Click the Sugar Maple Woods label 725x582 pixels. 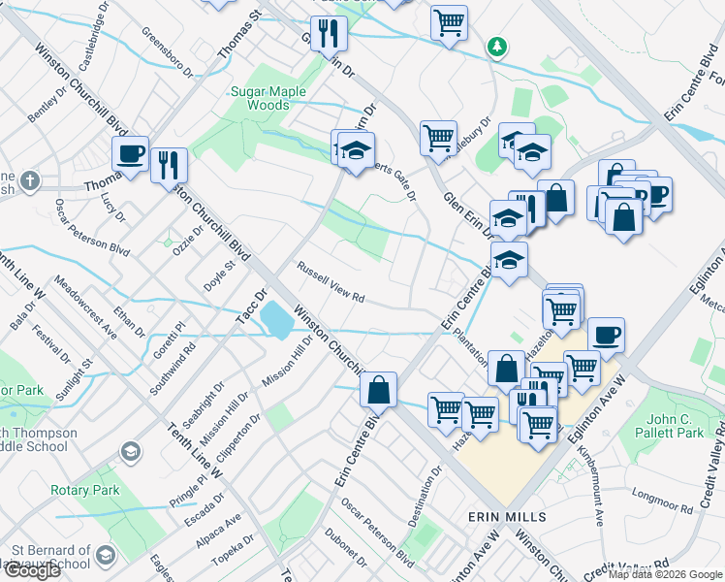click(x=259, y=98)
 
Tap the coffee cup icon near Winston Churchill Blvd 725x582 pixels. click(x=130, y=153)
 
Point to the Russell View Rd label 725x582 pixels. click(x=330, y=282)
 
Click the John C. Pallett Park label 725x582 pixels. click(x=675, y=426)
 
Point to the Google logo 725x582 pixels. click(x=31, y=569)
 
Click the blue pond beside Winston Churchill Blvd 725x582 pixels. click(x=277, y=320)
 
